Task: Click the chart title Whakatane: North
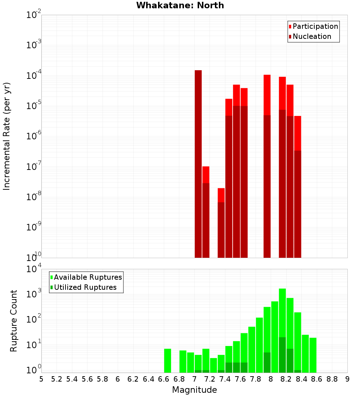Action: (180, 5)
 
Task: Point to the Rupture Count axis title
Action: (14, 320)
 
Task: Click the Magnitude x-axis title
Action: (194, 390)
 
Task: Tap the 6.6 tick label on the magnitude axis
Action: (164, 379)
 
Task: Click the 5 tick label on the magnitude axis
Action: (41, 379)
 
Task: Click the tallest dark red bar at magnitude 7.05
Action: (198, 162)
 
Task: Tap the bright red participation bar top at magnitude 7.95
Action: (267, 94)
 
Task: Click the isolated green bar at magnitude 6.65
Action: (167, 360)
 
